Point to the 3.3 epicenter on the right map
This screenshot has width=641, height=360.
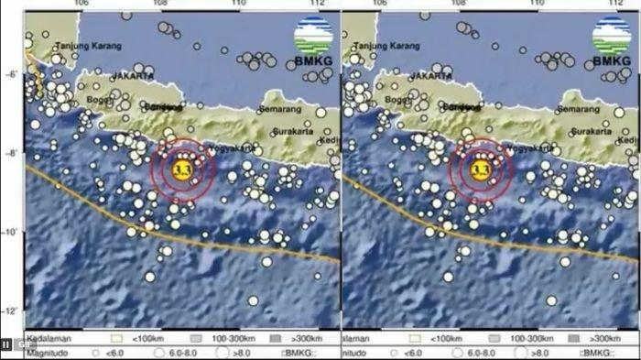pos(480,169)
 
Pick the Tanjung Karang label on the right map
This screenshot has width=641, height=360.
pos(386,45)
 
